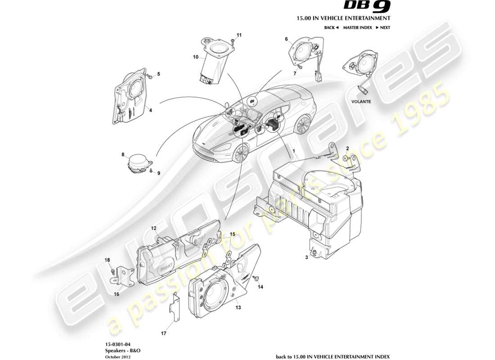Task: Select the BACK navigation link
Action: [331, 27]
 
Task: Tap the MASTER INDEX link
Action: [357, 27]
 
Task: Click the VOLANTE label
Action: [361, 102]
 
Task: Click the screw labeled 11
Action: [232, 41]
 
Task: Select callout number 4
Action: [151, 109]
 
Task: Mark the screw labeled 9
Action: [151, 171]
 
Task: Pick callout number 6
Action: [286, 39]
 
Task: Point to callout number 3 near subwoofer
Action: [306, 257]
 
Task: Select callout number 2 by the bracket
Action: [347, 148]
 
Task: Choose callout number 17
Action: [164, 333]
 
